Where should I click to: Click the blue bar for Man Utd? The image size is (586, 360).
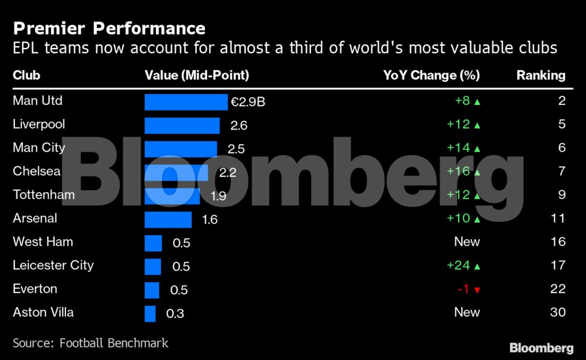click(x=186, y=102)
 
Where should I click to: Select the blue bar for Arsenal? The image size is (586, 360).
click(x=168, y=220)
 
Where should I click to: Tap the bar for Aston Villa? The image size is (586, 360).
click(x=150, y=313)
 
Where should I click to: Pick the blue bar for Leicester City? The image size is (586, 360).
click(x=153, y=266)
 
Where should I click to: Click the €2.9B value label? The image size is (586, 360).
click(x=248, y=102)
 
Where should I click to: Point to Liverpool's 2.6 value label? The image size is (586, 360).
click(x=238, y=125)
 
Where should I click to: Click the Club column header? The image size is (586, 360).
click(x=26, y=76)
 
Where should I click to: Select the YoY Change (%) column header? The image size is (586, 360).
click(x=431, y=76)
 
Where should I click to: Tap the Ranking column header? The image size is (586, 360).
click(x=541, y=76)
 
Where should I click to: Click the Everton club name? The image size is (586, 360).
click(x=35, y=289)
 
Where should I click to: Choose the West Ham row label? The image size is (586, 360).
click(x=43, y=242)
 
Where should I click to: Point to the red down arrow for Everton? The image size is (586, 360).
click(x=477, y=290)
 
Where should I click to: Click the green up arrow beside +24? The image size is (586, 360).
click(x=477, y=266)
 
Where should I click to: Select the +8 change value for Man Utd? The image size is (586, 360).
click(x=462, y=101)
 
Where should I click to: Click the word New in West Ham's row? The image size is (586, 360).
click(x=467, y=242)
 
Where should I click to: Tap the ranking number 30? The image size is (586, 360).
click(x=558, y=312)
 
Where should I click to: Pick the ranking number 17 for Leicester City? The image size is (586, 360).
click(x=558, y=265)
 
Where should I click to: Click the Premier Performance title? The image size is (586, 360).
click(x=109, y=28)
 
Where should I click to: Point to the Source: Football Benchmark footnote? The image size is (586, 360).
click(x=90, y=343)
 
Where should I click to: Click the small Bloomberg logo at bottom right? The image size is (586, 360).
click(x=541, y=348)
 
